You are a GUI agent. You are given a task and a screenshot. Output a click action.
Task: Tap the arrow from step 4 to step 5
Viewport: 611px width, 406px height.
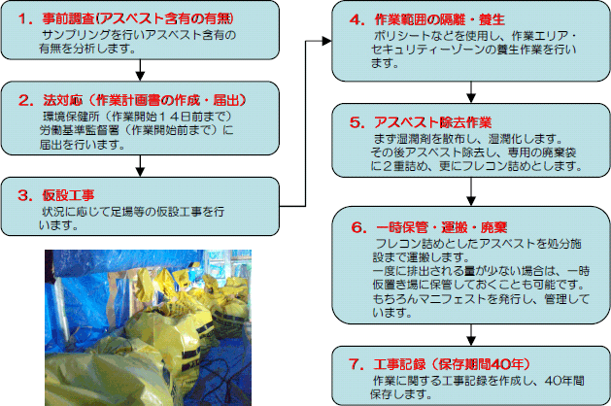pyautogui.click(x=471, y=92)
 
